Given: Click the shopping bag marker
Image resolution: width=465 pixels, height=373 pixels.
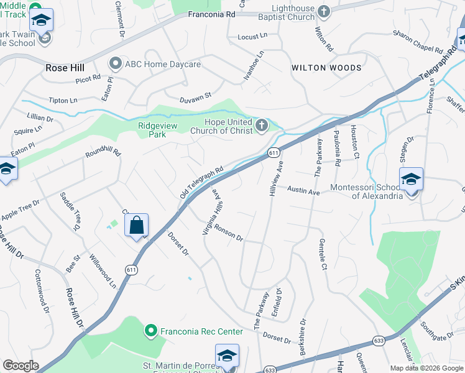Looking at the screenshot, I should click(x=137, y=225).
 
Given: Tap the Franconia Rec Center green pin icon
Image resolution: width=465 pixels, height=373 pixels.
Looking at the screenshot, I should click(x=150, y=331).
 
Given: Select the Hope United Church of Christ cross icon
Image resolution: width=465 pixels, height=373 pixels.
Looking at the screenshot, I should click(x=262, y=127).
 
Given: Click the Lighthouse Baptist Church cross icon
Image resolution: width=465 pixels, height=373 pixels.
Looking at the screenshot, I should click(x=323, y=11).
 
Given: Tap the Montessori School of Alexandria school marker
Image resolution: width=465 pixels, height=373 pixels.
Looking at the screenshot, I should click(x=411, y=180).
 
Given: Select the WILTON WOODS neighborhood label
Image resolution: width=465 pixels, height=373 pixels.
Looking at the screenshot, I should click(x=326, y=67).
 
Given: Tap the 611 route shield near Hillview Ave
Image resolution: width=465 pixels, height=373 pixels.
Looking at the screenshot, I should click(x=274, y=153).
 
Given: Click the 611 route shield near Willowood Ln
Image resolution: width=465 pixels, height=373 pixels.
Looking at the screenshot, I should click(x=131, y=270).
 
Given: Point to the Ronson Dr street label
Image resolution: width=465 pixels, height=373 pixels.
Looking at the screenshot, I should click(x=228, y=233).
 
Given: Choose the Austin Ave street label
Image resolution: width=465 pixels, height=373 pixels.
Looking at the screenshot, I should click(x=304, y=191).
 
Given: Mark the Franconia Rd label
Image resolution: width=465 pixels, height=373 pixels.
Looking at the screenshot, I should click(x=212, y=13).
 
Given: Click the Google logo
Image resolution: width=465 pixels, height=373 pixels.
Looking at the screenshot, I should click(x=20, y=366).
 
